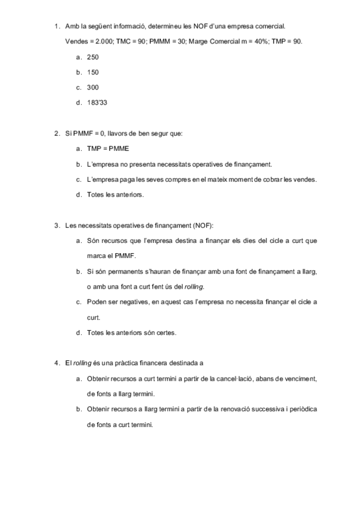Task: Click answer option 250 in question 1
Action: (x=93, y=57)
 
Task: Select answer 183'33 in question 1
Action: (x=97, y=102)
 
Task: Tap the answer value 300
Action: (x=93, y=87)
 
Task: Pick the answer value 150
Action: (x=93, y=72)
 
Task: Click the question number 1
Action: (x=55, y=26)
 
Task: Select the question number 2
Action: (x=55, y=133)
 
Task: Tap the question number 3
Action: (x=55, y=226)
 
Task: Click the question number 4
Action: (x=55, y=363)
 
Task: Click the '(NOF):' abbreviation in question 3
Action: (x=203, y=226)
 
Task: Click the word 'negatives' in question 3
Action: (x=130, y=302)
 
